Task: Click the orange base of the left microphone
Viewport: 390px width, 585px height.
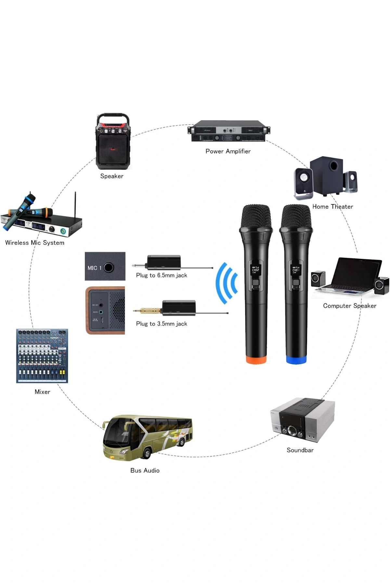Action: [x=256, y=360]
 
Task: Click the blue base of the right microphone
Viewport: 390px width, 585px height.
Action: [x=296, y=360]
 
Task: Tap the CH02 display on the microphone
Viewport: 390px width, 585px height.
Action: [x=255, y=269]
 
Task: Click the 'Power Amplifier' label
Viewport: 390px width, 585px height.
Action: [x=228, y=151]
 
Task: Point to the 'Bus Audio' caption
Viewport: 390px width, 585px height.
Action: [x=145, y=470]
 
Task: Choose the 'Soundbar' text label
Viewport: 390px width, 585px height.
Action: [x=300, y=450]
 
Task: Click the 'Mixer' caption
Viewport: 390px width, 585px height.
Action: [x=42, y=392]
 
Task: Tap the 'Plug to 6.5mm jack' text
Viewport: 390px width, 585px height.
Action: [x=162, y=275]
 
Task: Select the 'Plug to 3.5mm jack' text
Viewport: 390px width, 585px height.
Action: [x=162, y=324]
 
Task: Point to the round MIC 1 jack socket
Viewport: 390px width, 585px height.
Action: [x=109, y=267]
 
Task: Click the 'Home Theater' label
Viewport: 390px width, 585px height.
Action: [x=332, y=207]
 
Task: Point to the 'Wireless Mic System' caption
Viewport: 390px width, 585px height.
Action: [x=35, y=243]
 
